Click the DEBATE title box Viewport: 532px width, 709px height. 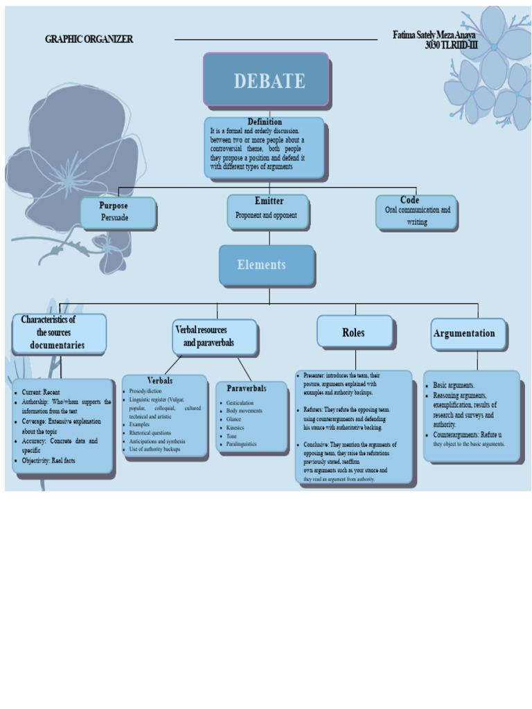[266, 80]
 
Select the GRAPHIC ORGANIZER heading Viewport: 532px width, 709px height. [89, 39]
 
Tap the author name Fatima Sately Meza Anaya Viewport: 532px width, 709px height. [434, 35]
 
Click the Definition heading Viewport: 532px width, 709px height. [265, 122]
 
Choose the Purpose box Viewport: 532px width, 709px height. [118, 213]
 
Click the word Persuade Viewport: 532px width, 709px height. [115, 217]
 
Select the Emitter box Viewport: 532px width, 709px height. [267, 210]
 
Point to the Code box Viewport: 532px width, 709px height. [416, 212]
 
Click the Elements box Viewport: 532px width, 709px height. [266, 264]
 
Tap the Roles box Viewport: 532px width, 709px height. [354, 332]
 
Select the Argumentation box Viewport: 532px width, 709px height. [468, 334]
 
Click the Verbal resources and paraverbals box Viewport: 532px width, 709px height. [215, 336]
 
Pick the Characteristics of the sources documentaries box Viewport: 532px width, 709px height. [59, 332]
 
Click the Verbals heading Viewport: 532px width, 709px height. [160, 381]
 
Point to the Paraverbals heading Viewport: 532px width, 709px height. [247, 388]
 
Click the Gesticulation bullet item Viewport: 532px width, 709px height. [240, 403]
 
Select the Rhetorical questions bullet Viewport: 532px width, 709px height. [150, 433]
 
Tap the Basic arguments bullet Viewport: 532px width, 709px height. [454, 385]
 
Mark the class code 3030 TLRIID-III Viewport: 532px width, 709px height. [451, 45]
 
